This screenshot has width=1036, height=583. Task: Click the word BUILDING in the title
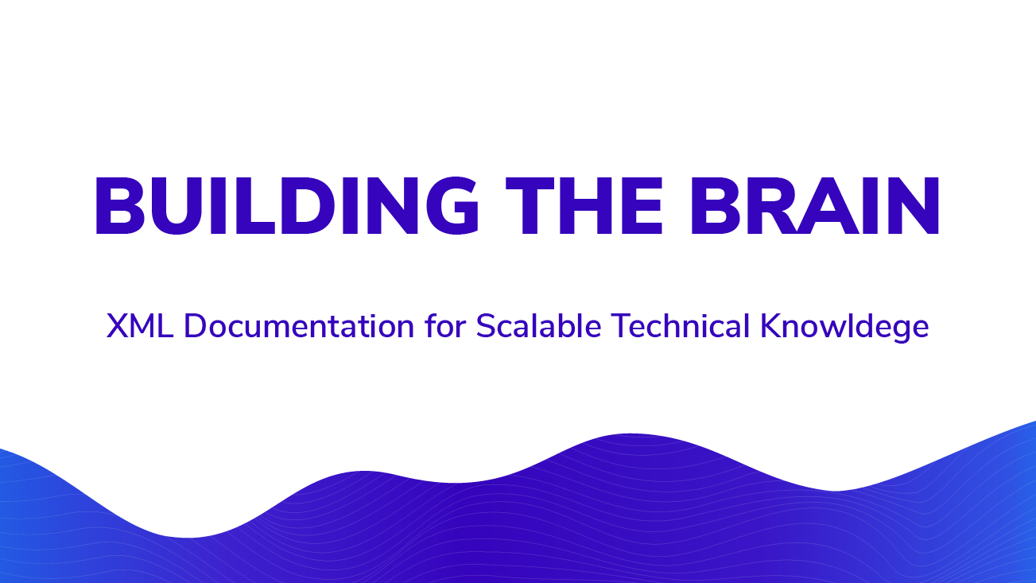[x=287, y=206]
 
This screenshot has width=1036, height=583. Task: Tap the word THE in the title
[x=584, y=206]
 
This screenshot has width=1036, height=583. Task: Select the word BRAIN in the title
[x=814, y=206]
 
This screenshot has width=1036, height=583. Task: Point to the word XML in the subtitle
[x=140, y=326]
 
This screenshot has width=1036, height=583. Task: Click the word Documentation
[x=299, y=326]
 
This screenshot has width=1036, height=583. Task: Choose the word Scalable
[x=539, y=326]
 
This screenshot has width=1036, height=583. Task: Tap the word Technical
[x=680, y=326]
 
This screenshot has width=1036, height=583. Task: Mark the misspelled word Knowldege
[x=844, y=328]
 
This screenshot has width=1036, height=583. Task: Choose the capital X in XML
[x=118, y=326]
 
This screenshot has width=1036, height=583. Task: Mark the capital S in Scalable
[x=486, y=326]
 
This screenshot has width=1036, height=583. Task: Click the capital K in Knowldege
[x=771, y=326]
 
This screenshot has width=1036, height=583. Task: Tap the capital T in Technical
[x=621, y=326]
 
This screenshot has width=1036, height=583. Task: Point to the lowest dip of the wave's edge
[x=188, y=538]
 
